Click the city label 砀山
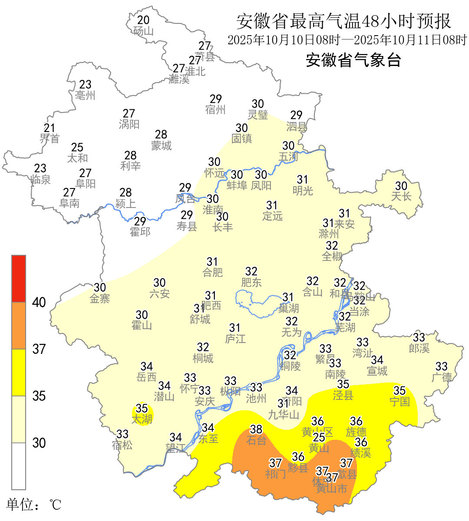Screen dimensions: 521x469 [143, 31]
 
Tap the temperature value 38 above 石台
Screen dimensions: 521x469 [256, 429]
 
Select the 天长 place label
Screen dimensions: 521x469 [401, 196]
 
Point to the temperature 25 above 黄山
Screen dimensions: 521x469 [319, 437]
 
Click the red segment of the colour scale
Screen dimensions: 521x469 [19, 279]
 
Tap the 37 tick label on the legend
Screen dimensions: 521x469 [39, 349]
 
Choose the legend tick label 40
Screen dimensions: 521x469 [39, 303]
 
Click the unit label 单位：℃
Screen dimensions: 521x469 [33, 505]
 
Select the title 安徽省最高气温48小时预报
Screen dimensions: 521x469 [343, 21]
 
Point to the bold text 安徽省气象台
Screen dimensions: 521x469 [353, 60]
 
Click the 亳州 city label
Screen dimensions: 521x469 [85, 95]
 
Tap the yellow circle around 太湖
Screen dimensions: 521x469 [142, 415]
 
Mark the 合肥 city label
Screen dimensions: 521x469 [212, 272]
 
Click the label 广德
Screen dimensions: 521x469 [442, 377]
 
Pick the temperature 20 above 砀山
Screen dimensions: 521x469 [143, 20]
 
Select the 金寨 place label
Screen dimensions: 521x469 [100, 298]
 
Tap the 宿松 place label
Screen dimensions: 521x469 [122, 445]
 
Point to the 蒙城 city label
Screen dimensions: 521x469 [161, 146]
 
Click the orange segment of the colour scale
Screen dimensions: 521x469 [19, 326]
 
